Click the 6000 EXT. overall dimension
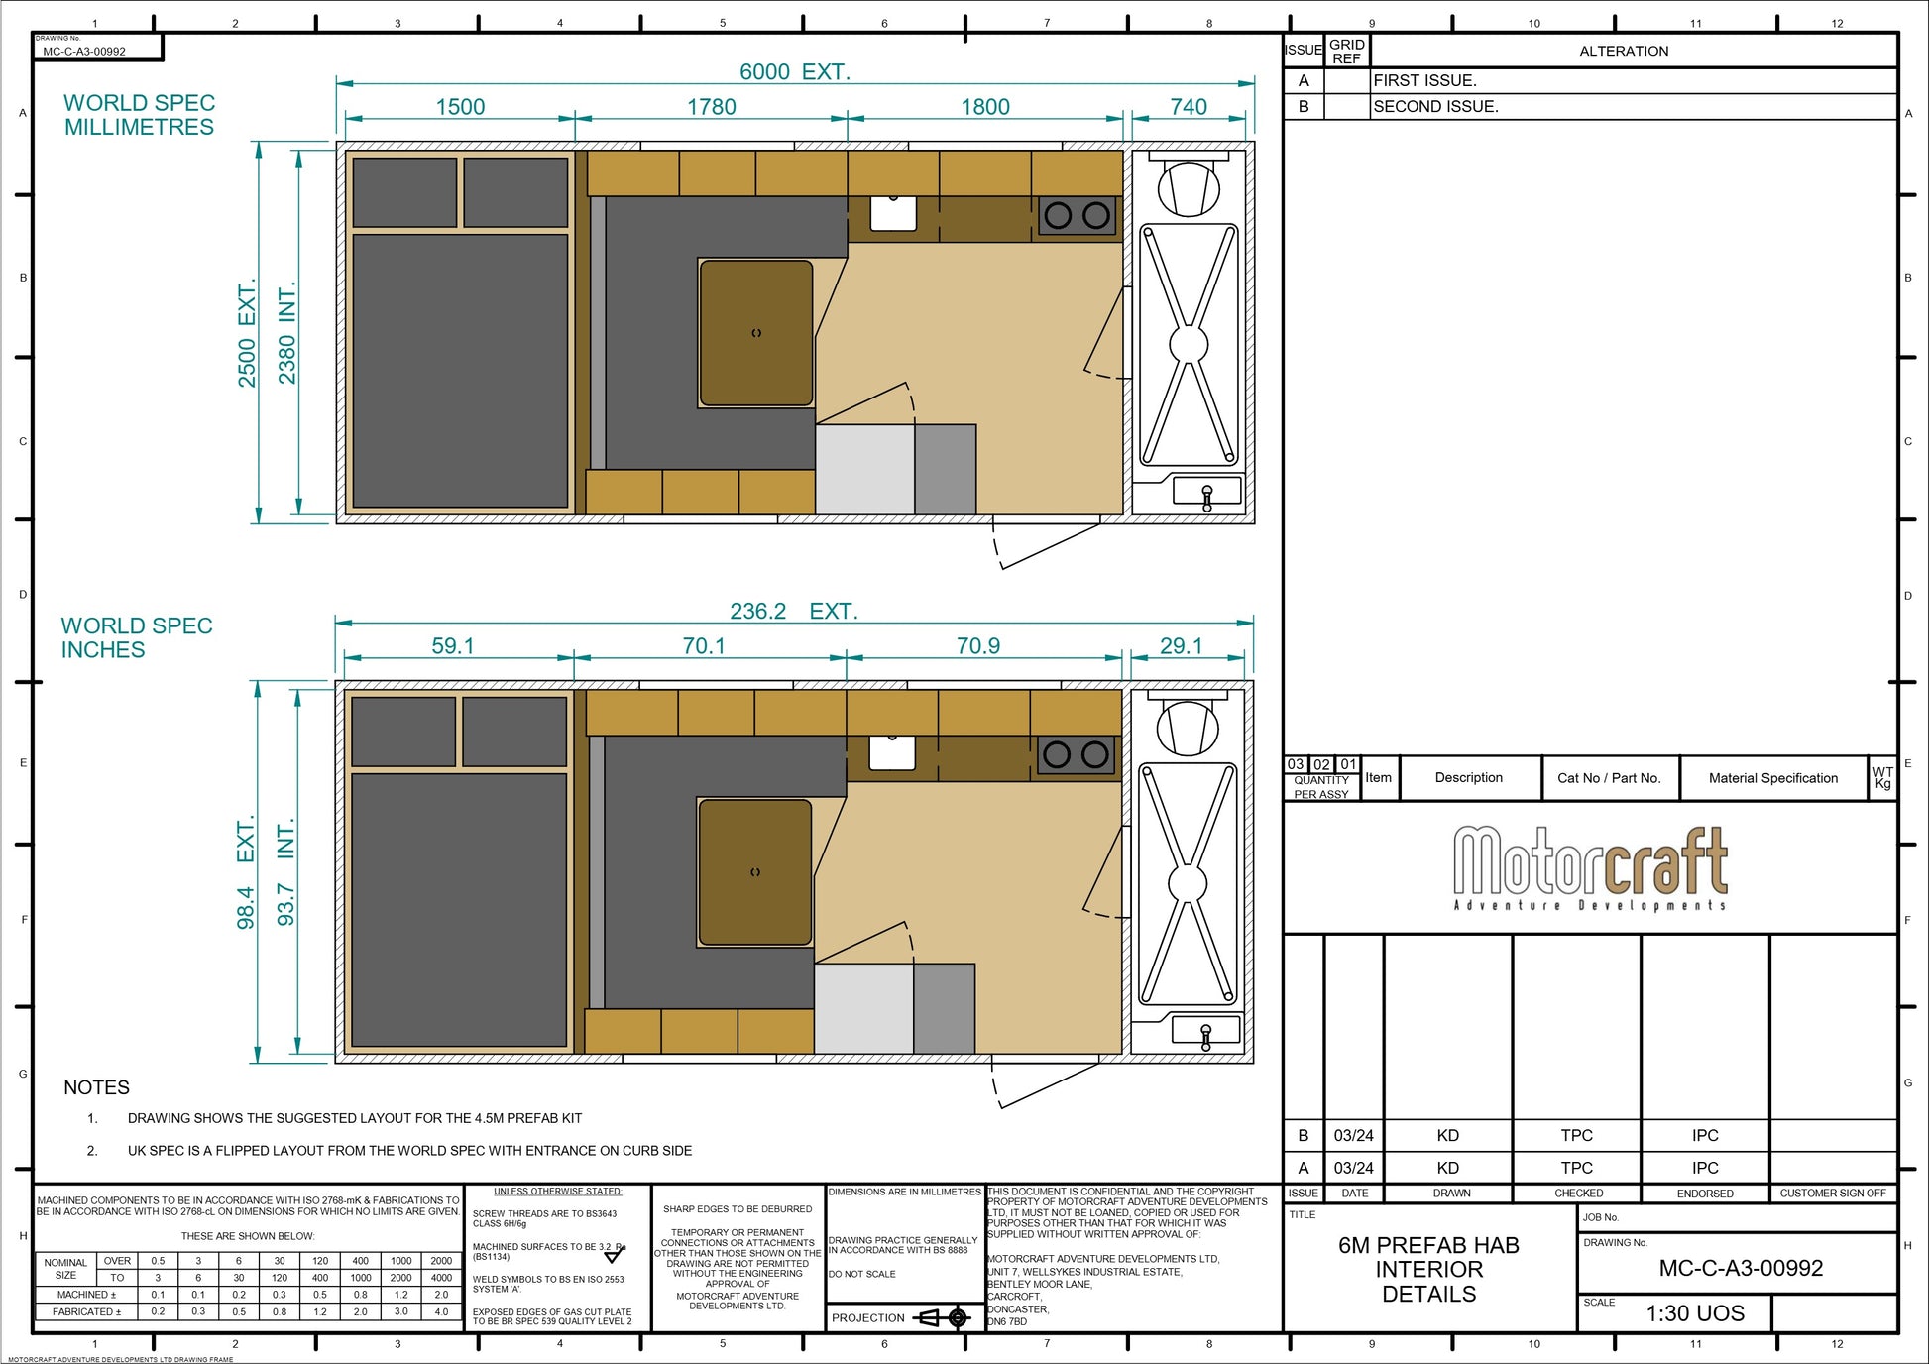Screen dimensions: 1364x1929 [794, 72]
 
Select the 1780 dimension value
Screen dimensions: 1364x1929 [711, 107]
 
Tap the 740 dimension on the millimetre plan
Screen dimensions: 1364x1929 [1188, 107]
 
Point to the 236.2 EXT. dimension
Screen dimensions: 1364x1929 [793, 612]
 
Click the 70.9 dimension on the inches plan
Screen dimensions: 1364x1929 [977, 646]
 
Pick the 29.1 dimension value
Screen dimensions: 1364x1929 [1181, 646]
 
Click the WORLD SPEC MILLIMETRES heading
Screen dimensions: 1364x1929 [139, 115]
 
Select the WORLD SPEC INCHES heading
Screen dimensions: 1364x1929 [137, 637]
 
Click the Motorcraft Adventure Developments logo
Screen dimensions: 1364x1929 [1590, 868]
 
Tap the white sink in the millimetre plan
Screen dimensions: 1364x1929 [893, 213]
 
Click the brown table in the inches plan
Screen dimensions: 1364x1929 [754, 872]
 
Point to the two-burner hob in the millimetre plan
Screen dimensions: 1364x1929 [1077, 216]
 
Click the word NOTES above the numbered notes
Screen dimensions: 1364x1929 [96, 1087]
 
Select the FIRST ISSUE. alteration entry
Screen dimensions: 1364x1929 [1424, 81]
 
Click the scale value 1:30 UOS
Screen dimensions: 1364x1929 [1695, 1313]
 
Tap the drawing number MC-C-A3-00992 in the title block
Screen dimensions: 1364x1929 [1741, 1268]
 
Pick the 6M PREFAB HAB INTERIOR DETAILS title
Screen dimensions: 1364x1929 [1428, 1269]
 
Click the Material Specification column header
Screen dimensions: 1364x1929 [1772, 778]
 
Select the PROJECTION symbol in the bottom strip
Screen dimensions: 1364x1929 [942, 1317]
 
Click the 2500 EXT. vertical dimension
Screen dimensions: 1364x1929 [247, 333]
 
